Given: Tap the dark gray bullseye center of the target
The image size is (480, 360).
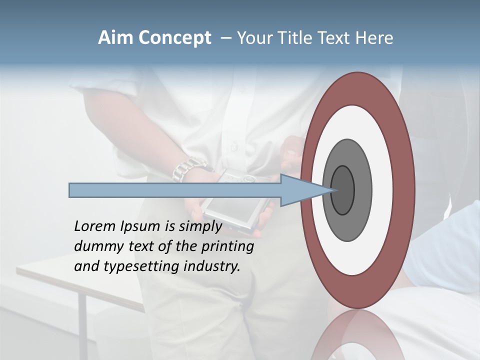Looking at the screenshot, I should [342, 190].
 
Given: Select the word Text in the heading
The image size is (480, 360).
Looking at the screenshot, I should [335, 38].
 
